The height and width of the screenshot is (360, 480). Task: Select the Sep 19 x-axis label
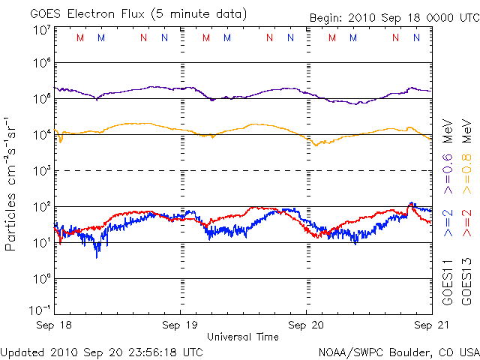[180, 325]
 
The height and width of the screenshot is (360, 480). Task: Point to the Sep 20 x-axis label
[306, 325]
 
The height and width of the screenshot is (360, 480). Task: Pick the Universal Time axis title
[243, 337]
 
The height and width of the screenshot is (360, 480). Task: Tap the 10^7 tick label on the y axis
[41, 30]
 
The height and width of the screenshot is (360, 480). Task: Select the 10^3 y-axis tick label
[41, 171]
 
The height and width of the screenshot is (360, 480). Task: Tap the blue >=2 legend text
[448, 223]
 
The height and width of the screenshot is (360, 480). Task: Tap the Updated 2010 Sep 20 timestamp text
[101, 351]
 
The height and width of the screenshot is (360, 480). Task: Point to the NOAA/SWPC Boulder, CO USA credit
[398, 351]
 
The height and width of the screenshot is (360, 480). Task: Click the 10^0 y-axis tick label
[41, 278]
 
